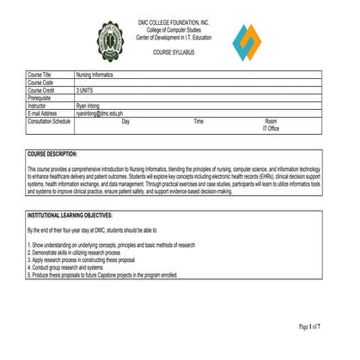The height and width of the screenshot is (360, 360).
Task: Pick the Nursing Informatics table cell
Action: tap(95, 76)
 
